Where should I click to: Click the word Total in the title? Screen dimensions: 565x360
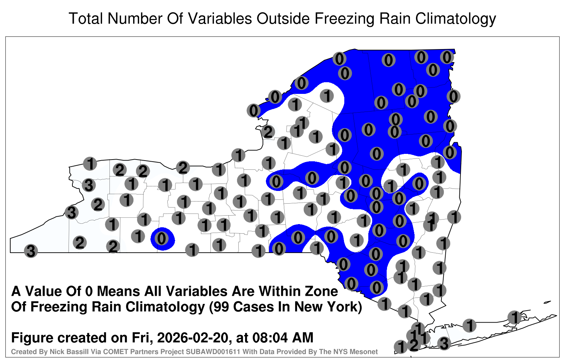pyautogui.click(x=86, y=18)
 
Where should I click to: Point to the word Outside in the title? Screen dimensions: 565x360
pyautogui.click(x=283, y=18)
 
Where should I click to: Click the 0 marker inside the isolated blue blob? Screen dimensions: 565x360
pyautogui.click(x=162, y=238)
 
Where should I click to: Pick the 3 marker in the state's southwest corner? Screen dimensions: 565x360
pyautogui.click(x=31, y=251)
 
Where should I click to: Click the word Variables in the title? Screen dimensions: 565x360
pyautogui.click(x=219, y=18)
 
